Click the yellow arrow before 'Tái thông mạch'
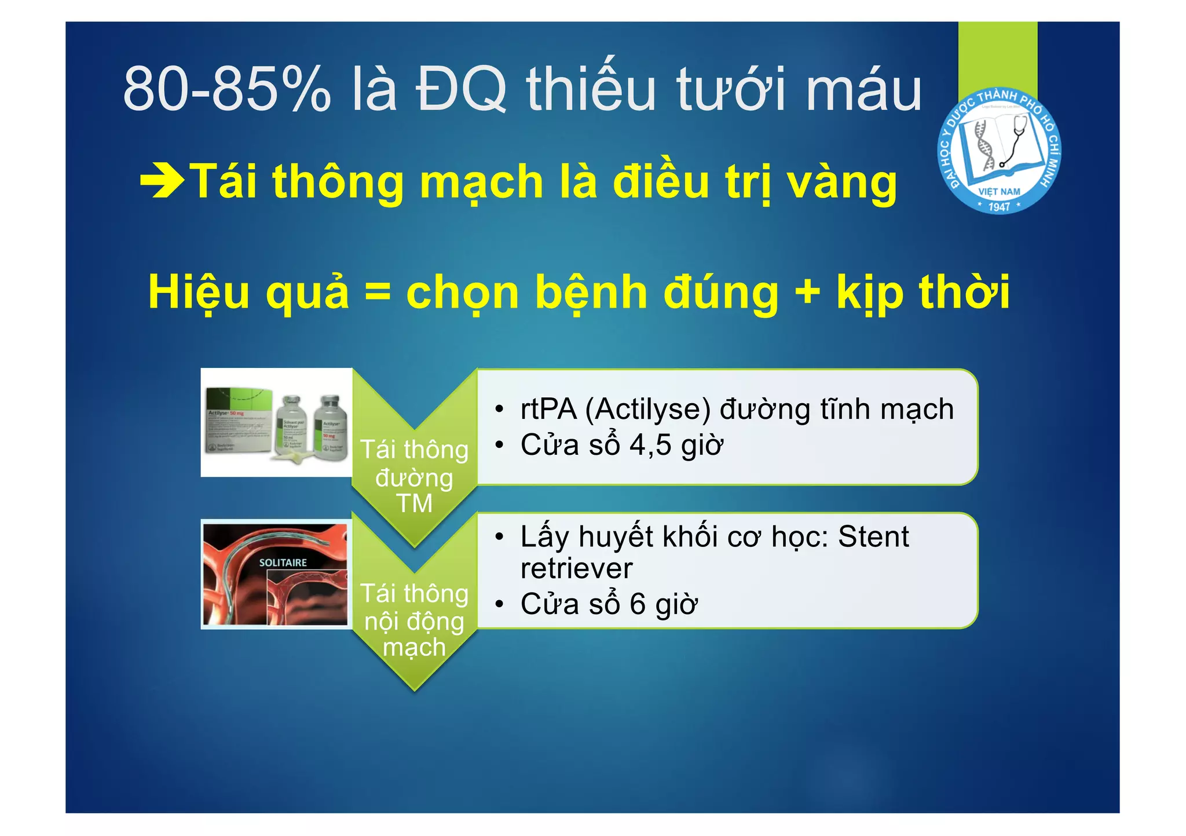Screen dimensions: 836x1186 tap(162, 181)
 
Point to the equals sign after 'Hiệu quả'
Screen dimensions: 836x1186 tap(378, 291)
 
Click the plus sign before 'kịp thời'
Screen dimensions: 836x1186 tap(807, 291)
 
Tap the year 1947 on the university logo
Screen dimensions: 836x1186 tap(999, 206)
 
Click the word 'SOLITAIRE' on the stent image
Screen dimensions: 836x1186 tap(283, 563)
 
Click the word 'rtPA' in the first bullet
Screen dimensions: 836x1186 tap(548, 409)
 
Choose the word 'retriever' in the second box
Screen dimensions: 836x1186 tap(576, 568)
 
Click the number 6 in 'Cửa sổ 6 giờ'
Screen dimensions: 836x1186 tap(638, 604)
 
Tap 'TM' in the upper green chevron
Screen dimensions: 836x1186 tap(414, 503)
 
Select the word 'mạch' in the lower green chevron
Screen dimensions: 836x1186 tap(414, 647)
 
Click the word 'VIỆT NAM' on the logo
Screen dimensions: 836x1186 tap(999, 192)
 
